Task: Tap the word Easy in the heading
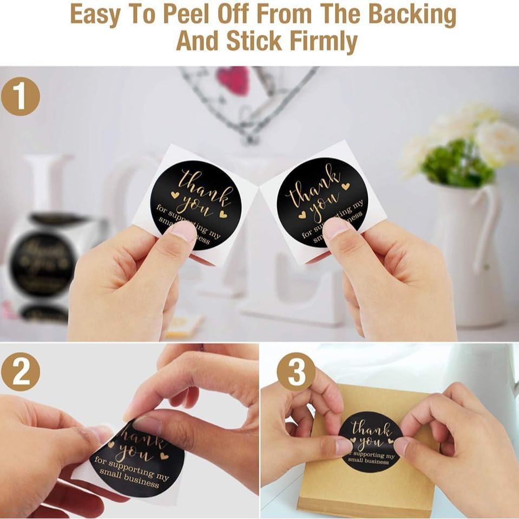(x=95, y=15)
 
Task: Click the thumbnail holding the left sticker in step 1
(x=183, y=232)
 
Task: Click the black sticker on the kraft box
(x=371, y=441)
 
